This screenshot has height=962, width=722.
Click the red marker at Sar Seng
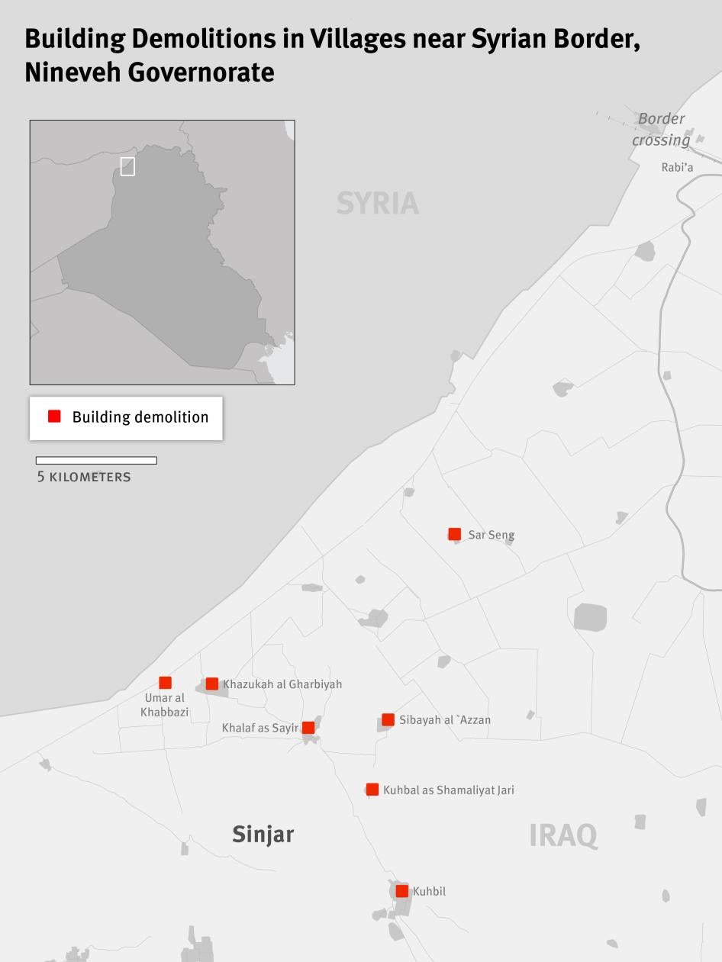tap(455, 534)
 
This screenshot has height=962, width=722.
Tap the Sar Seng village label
tap(491, 535)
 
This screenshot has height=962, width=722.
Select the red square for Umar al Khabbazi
tap(165, 683)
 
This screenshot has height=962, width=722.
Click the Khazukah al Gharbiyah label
tap(282, 684)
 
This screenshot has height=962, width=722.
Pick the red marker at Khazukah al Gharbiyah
tap(212, 684)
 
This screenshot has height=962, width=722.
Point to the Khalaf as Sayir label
tap(259, 728)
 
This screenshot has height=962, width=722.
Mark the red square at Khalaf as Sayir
tap(308, 728)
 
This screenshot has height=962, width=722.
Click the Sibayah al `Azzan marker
tap(388, 719)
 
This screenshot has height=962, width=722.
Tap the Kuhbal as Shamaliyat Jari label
tap(448, 790)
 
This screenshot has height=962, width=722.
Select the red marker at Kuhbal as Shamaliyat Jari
tap(372, 790)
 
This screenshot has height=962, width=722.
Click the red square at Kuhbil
tap(402, 891)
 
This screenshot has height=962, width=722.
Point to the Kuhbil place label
tap(429, 891)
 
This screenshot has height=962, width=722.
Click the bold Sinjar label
tap(263, 834)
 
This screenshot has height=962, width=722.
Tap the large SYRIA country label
tap(378, 203)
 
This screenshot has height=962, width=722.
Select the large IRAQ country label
tap(563, 835)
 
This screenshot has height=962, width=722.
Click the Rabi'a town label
tap(677, 167)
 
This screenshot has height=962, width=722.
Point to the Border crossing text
tap(661, 129)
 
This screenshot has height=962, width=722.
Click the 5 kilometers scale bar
tap(96, 461)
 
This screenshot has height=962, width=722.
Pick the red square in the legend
tap(54, 417)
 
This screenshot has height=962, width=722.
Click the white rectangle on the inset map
tap(127, 166)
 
